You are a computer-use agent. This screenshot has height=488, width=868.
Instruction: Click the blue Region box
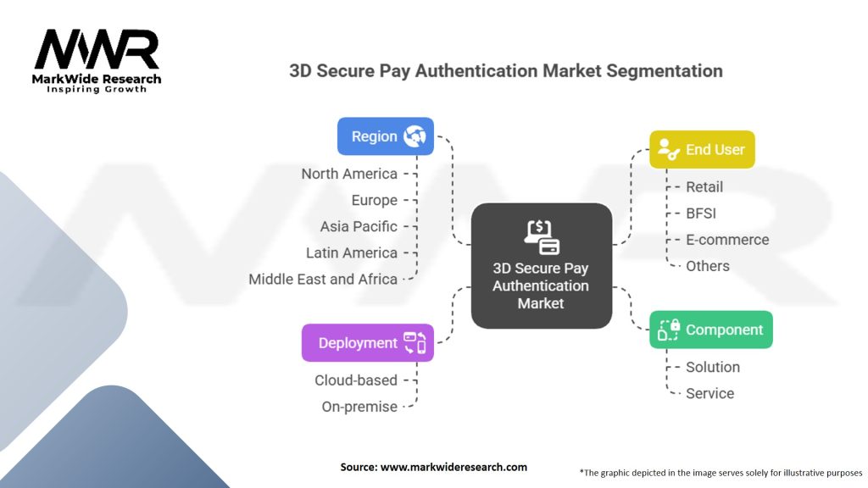385,136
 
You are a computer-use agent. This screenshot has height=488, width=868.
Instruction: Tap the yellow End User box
701,150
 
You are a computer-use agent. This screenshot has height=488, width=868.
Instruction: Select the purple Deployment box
367,343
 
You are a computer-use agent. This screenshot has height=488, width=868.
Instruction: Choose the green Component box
710,330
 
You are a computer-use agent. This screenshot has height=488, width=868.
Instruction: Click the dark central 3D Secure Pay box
541,265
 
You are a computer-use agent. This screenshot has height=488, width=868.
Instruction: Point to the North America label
349,174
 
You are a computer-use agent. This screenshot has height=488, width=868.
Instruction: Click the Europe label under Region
374,200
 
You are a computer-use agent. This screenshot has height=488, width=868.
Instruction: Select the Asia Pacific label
359,226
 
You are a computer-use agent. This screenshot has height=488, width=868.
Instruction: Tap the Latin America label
351,252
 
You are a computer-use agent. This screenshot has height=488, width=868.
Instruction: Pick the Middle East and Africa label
323,279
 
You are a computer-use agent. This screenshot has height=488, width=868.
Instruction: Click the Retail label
704,186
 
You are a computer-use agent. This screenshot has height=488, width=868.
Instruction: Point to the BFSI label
701,213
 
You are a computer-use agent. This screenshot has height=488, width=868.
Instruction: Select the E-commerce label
727,240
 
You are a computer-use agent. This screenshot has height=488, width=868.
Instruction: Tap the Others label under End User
708,266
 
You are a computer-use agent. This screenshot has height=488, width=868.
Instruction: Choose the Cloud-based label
355,380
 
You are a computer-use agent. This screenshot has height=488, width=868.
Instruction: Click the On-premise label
359,407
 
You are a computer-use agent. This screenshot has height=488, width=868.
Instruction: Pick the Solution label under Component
713,367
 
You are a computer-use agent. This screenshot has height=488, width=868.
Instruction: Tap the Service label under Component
710,393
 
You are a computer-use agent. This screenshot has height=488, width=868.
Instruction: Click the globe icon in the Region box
415,136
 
